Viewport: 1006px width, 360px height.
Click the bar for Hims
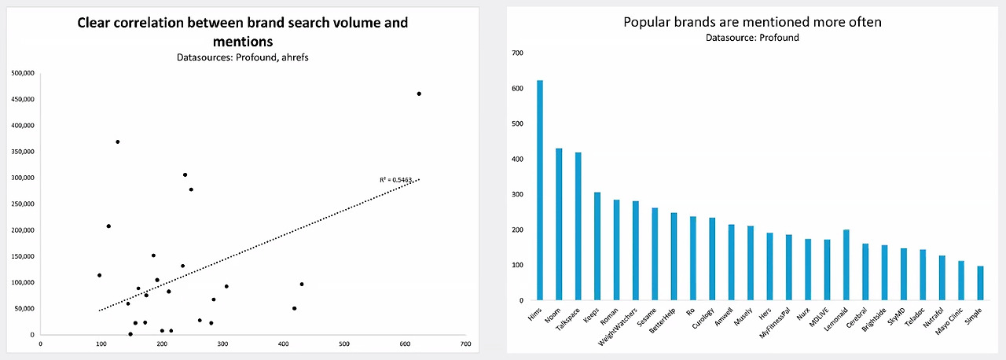[540, 190]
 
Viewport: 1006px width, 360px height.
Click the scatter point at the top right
[419, 94]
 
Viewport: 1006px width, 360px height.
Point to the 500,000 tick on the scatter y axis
[23, 73]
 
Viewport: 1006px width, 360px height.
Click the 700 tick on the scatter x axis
[466, 343]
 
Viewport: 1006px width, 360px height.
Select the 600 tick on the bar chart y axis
[517, 89]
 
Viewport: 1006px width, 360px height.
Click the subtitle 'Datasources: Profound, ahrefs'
[243, 57]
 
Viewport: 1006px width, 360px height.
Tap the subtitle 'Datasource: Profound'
[752, 38]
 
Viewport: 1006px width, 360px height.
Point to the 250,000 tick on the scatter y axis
[23, 204]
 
